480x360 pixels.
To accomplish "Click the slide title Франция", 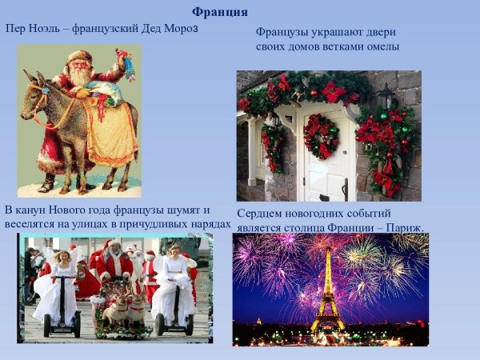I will (220, 12).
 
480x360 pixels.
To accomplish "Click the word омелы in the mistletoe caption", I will (381, 46).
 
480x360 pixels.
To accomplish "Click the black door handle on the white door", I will (345, 189).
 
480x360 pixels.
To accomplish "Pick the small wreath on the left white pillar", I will (272, 144).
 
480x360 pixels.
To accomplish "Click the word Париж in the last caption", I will (405, 227).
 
